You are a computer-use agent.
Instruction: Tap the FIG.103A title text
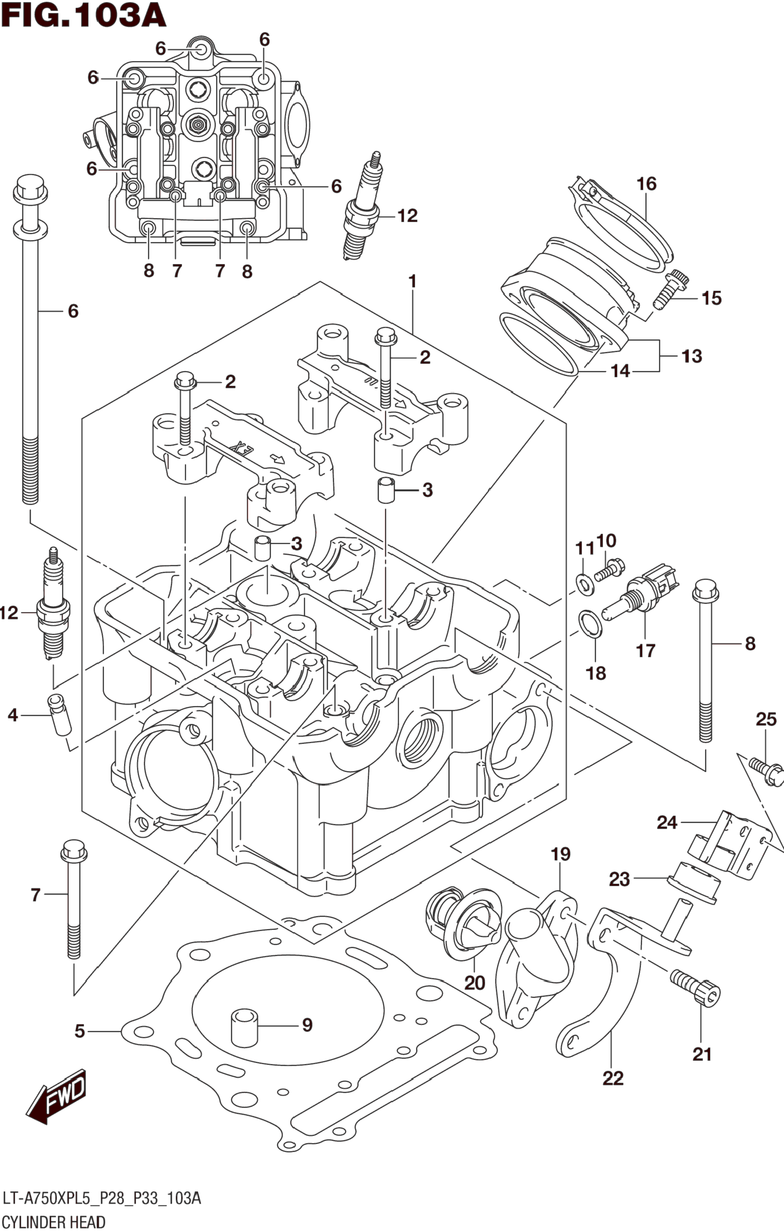[83, 15]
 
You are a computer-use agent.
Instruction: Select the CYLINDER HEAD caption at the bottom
[53, 1222]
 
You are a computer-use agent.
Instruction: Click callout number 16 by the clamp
[646, 183]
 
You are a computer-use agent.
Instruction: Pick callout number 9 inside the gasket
[307, 1025]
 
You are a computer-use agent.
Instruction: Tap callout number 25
[766, 719]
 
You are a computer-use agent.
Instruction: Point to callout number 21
[701, 1054]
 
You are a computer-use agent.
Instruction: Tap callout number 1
[412, 281]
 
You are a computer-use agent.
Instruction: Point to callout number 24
[667, 823]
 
